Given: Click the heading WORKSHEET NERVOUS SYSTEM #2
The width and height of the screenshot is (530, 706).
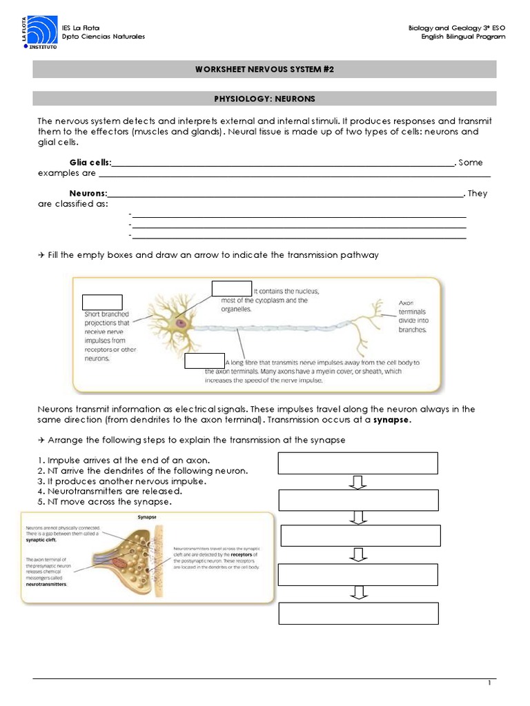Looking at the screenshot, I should (265, 70).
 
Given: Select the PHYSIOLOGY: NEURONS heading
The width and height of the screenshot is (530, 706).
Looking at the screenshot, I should (265, 99).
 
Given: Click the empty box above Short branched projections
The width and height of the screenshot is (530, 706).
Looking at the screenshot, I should (102, 302).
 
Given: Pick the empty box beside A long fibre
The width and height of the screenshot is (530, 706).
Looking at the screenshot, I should (205, 361).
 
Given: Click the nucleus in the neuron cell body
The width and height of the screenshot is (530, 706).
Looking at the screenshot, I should (181, 322).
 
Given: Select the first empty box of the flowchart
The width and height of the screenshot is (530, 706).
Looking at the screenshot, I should (357, 463).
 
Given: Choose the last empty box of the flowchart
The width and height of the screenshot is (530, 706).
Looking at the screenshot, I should (357, 613).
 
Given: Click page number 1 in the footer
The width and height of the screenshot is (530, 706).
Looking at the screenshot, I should (489, 683).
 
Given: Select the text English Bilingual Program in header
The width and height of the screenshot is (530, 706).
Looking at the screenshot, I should (463, 37).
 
